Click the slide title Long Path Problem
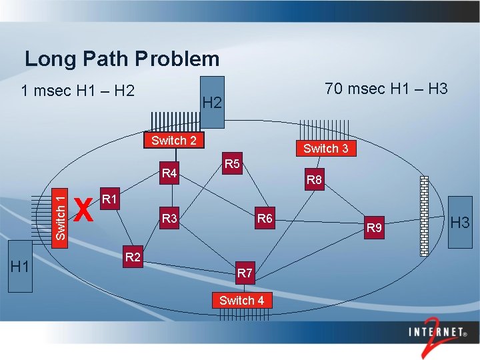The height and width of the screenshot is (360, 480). pos(122,59)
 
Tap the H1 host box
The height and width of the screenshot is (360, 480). pos(20,267)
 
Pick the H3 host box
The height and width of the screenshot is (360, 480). pos(460,222)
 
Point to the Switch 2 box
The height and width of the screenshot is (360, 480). pos(174,140)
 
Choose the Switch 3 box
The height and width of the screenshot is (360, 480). pos(325,148)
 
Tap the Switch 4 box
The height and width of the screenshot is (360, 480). pos(242,300)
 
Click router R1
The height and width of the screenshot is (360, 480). pos(110,199)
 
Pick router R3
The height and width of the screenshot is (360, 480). pos(169,218)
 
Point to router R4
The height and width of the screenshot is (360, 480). pos(170,174)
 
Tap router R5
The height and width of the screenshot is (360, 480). pos(233,163)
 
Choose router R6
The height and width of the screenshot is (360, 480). pos(265,218)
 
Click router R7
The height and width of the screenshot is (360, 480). pos(245,273)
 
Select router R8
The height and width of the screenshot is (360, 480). pos(314,179)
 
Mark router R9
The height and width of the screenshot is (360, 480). pos(375,229)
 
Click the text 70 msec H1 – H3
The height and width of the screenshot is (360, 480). pos(386,89)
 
